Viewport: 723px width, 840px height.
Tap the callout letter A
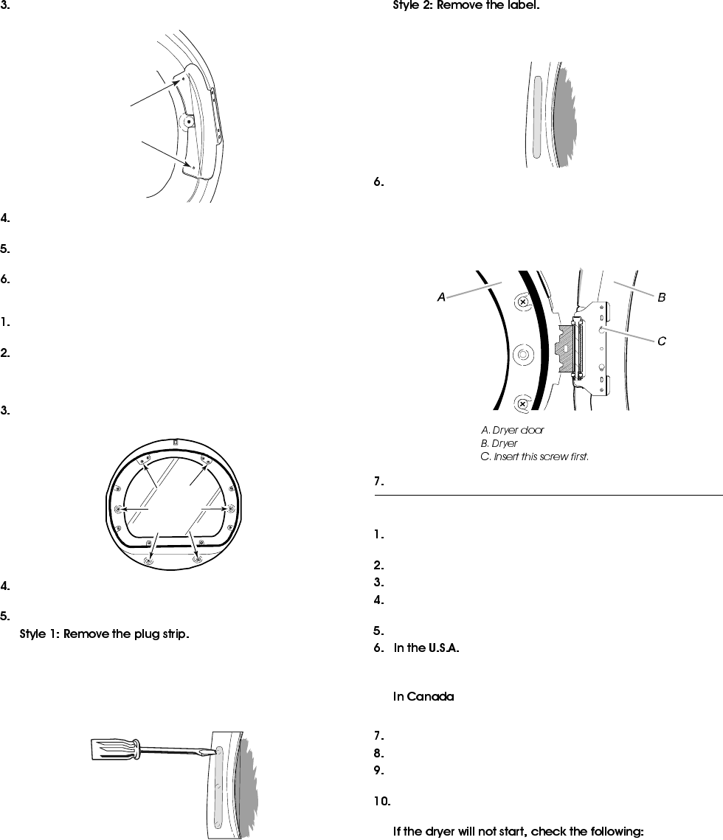tap(440, 297)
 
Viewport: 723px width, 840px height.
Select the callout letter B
tap(662, 297)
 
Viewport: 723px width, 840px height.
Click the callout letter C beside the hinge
tap(662, 341)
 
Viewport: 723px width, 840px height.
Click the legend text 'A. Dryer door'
tap(513, 430)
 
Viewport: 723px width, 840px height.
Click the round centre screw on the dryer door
tap(522, 354)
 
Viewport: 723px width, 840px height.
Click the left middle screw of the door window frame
tap(119, 509)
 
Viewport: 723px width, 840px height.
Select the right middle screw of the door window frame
tap(232, 508)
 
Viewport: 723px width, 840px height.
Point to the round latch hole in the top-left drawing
tap(190, 121)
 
